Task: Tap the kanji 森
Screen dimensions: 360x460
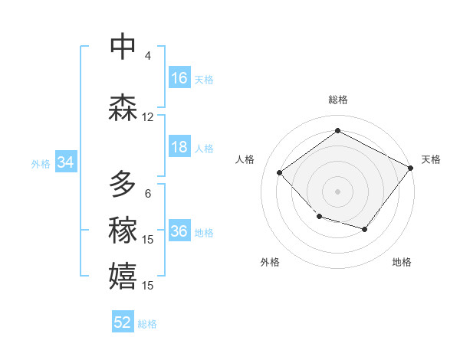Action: click(123, 107)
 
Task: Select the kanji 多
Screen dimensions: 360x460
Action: click(123, 184)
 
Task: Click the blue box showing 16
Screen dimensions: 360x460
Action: click(179, 78)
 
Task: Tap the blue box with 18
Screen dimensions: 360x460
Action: click(179, 148)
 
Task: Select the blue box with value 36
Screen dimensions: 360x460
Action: click(179, 232)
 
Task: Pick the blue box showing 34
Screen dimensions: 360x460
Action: click(65, 162)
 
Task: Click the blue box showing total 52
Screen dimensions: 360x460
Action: click(123, 322)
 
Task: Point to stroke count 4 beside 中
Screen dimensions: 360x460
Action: click(148, 56)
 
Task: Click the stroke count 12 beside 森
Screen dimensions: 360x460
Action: click(148, 117)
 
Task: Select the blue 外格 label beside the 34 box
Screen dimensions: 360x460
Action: click(41, 163)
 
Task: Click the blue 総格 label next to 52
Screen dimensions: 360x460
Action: click(148, 324)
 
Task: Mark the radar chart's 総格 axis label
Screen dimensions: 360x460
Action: click(337, 100)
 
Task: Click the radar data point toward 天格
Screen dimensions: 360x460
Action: click(411, 169)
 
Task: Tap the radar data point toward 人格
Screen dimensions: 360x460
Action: click(280, 173)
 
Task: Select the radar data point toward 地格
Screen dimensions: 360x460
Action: click(365, 229)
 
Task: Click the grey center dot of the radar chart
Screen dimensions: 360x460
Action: click(337, 191)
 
